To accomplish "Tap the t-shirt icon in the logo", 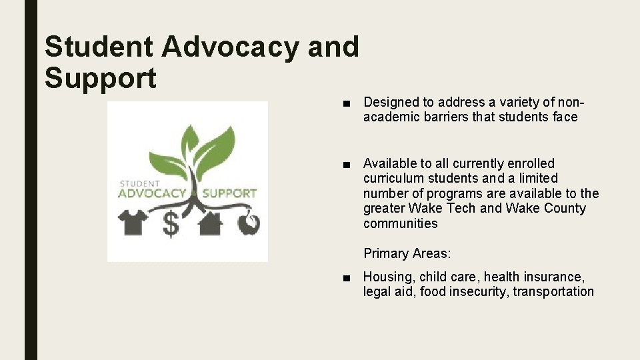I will tap(134, 222).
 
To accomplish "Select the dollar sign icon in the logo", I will tap(171, 224).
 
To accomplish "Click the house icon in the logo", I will tap(210, 223).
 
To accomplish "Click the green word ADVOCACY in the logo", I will tap(152, 193).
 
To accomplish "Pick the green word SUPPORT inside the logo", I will tap(229, 193).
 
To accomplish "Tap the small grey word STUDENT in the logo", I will tap(140, 183).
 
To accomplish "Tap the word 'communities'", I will tap(400, 223).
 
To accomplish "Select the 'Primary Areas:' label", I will tap(407, 253).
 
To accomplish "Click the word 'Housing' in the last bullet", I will tap(387, 277).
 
